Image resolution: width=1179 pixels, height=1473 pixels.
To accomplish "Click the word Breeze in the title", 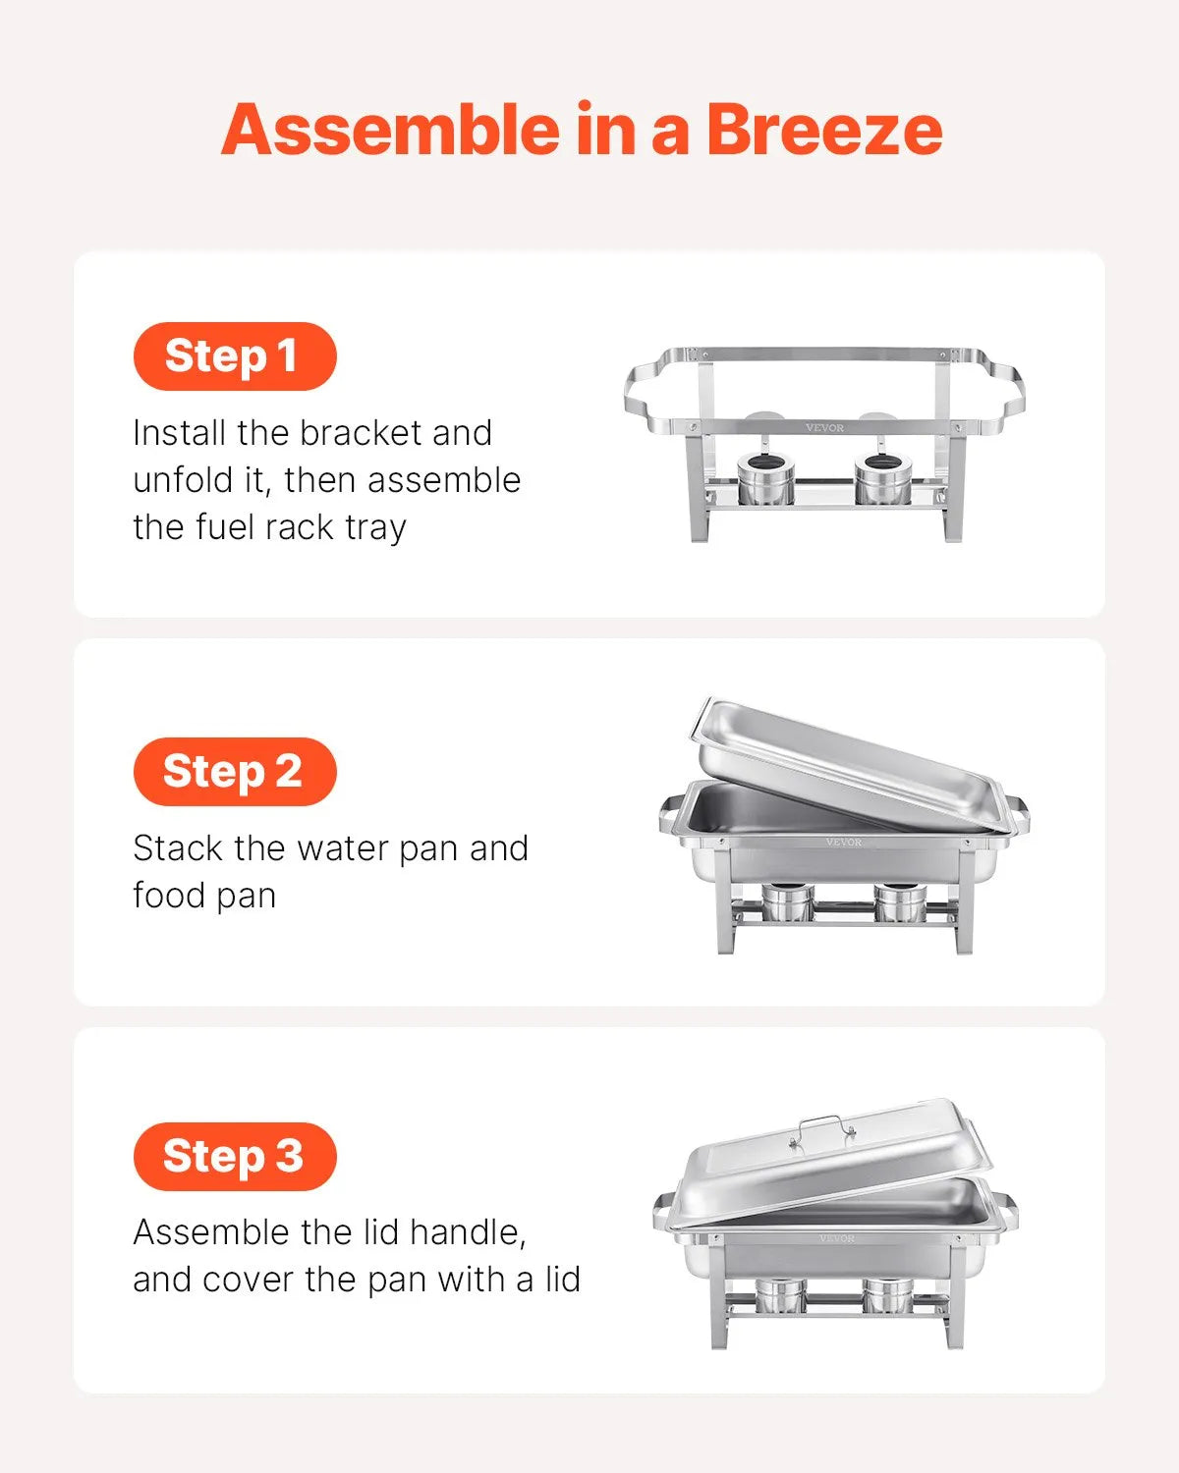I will pos(823,131).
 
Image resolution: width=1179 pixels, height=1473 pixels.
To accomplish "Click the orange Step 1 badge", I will pos(234,355).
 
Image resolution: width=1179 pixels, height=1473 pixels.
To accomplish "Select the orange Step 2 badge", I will pos(234,771).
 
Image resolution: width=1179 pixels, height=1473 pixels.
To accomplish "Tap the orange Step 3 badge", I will pos(234,1156).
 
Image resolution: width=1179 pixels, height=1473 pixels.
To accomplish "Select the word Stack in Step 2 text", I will pos(177,848).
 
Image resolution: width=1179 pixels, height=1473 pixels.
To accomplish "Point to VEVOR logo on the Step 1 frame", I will pos(824,427).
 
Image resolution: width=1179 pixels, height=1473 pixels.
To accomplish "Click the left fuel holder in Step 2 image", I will pos(787,901).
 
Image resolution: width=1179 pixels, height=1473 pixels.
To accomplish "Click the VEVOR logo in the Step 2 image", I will pos(843,842).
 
